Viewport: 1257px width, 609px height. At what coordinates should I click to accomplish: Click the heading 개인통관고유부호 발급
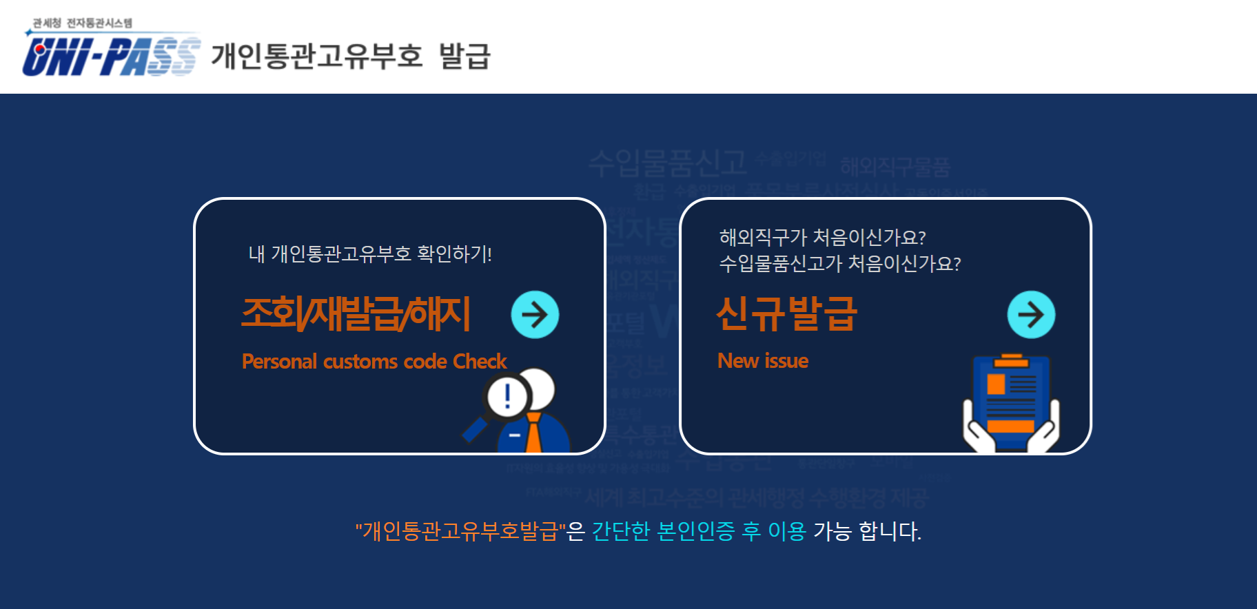(x=351, y=56)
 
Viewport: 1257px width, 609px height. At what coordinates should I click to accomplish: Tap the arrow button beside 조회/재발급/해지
(x=535, y=315)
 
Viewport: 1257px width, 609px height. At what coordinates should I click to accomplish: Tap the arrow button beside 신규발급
(x=1031, y=315)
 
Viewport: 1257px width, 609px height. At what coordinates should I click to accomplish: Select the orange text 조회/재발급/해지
(x=356, y=313)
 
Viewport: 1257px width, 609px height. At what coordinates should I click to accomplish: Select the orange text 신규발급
(x=786, y=313)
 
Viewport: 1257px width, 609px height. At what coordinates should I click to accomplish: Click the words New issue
(x=763, y=361)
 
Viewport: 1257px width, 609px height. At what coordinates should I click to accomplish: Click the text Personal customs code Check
(x=374, y=362)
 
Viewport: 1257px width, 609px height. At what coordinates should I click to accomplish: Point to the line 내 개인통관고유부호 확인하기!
(x=370, y=254)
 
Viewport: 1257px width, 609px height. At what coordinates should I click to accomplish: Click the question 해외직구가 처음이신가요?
(x=822, y=238)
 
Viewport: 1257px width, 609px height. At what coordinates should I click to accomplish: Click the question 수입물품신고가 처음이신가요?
(x=840, y=264)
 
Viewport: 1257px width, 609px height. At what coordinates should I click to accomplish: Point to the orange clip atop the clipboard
(x=1011, y=360)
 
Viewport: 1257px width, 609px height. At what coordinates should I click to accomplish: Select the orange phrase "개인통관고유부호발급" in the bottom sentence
(x=460, y=531)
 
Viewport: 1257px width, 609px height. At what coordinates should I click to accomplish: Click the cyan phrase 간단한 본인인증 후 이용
(x=699, y=531)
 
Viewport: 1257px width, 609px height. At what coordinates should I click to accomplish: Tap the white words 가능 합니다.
(x=867, y=531)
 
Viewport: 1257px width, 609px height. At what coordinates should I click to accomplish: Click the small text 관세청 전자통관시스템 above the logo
(x=83, y=23)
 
